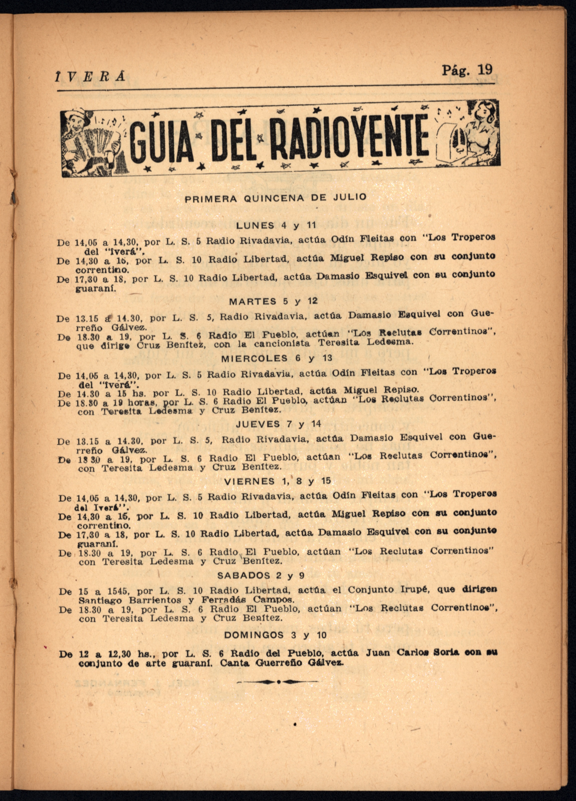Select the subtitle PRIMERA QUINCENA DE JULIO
point(276,198)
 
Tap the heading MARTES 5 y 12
point(273,301)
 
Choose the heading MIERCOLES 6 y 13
point(277,358)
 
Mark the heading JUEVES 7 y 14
point(278,424)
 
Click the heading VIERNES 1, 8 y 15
point(277,481)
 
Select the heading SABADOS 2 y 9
point(260,575)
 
